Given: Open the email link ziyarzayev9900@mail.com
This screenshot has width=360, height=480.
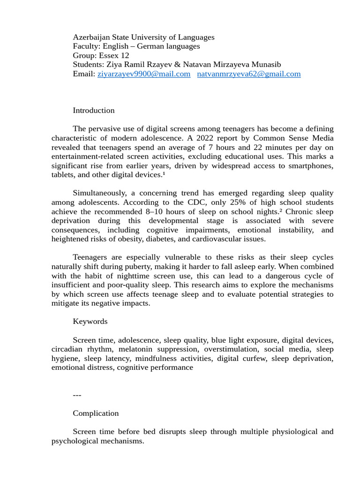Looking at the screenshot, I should point(144,74).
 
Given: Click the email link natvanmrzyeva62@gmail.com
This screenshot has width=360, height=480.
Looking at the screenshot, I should point(248,74).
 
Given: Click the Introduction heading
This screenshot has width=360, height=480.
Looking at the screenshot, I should point(94,111).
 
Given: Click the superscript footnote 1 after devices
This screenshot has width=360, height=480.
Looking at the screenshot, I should point(164,174).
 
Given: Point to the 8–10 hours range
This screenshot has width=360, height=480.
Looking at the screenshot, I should point(163,212).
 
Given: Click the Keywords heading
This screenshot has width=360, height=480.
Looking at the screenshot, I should point(90,322).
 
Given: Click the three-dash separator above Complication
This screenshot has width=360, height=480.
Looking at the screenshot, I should point(77,395).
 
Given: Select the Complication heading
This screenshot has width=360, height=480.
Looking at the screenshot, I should point(96,413).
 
